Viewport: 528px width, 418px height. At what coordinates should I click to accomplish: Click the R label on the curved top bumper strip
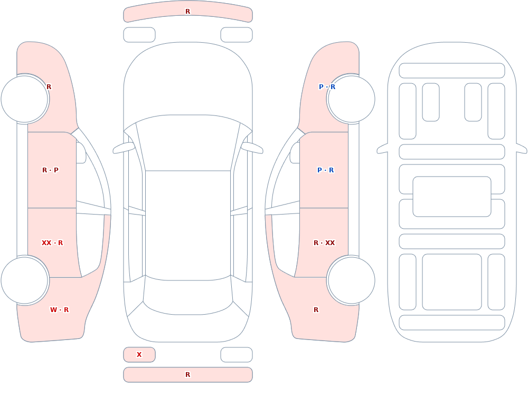point(187,12)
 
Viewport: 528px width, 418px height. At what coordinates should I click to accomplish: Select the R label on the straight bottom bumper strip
point(187,375)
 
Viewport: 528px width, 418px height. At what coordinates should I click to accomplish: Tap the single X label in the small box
point(139,354)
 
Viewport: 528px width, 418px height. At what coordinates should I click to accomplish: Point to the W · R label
point(59,310)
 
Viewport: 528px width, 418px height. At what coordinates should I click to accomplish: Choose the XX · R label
point(52,243)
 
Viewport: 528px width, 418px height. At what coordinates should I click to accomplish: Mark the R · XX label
point(324,243)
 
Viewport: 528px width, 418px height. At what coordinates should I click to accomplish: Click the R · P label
point(50,170)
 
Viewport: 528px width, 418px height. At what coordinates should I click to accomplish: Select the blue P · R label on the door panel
point(325,170)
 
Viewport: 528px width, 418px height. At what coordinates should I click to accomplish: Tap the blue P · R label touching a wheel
point(327,87)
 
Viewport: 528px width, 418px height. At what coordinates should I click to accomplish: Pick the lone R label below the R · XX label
point(316,310)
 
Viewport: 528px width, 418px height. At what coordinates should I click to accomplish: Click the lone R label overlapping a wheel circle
point(49,87)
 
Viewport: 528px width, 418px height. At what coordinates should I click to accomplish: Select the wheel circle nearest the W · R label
point(25,280)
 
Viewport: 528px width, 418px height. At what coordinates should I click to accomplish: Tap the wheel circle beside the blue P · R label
point(351,99)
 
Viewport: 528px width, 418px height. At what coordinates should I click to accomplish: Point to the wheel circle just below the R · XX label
point(351,280)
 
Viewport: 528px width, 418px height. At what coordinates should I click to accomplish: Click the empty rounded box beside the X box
point(237,355)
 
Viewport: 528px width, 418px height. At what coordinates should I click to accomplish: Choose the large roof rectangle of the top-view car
point(188,225)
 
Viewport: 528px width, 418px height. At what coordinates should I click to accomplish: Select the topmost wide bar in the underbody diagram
point(452,71)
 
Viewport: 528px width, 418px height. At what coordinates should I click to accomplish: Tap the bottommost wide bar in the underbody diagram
point(452,323)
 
